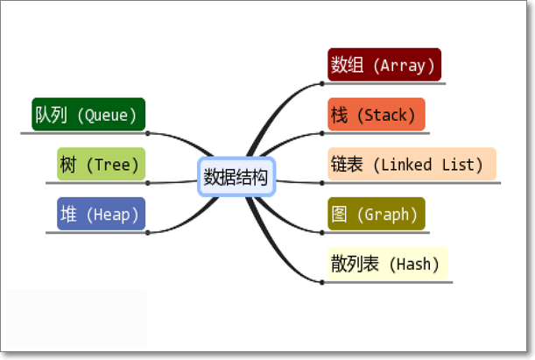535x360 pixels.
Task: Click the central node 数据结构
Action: [x=237, y=178]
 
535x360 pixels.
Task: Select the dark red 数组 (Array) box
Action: [x=383, y=65]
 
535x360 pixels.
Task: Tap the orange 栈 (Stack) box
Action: [x=376, y=115]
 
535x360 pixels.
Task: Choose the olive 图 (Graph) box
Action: [x=376, y=214]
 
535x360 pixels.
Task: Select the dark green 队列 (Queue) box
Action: [x=88, y=115]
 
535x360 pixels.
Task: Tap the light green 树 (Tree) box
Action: [x=100, y=164]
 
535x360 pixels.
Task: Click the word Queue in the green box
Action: [x=107, y=115]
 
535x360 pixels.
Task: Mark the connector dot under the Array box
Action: [x=322, y=84]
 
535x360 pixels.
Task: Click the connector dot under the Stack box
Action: [x=322, y=133]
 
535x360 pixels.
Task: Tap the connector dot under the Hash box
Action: [x=322, y=282]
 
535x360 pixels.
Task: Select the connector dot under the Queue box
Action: [x=148, y=133]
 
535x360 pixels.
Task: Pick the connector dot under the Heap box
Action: [x=148, y=232]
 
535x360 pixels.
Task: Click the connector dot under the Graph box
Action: [x=322, y=232]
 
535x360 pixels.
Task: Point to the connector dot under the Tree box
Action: [x=148, y=182]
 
